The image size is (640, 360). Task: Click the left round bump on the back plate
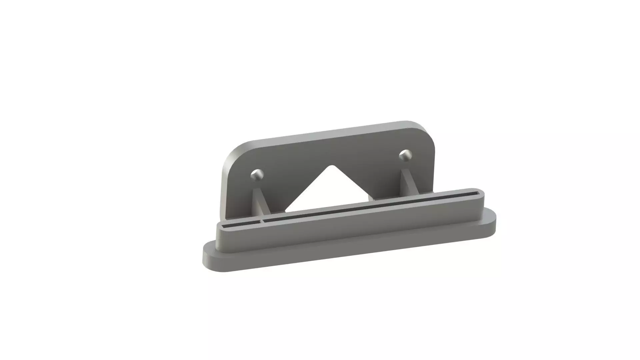pos(257,175)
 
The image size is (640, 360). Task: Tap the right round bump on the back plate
pos(405,155)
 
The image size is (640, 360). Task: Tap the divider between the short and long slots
pos(262,221)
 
